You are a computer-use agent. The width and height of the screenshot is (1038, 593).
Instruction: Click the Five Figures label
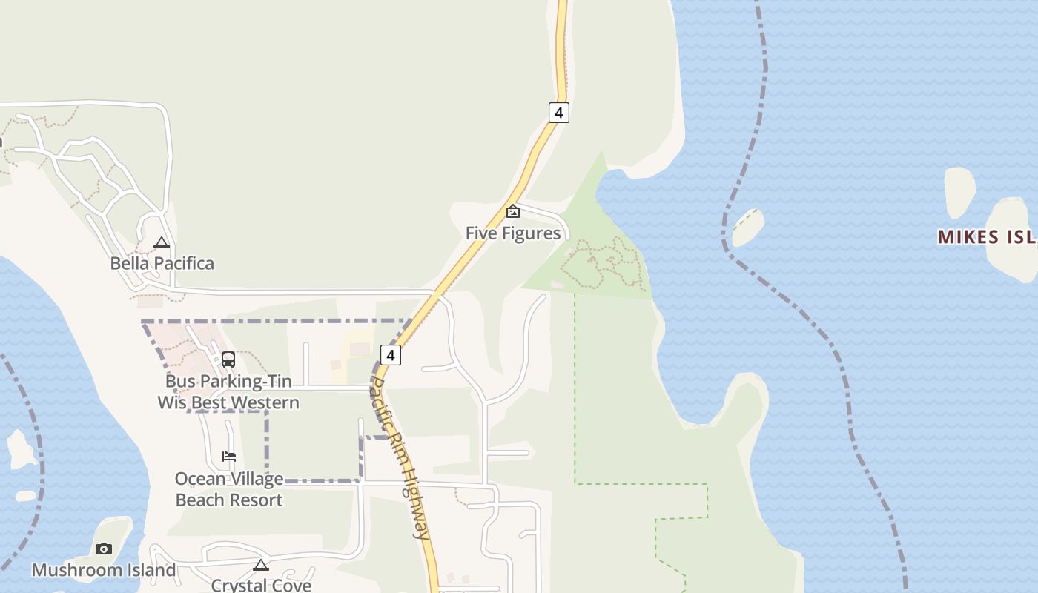(x=512, y=233)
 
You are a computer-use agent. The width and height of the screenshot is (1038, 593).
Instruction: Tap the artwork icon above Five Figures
(x=512, y=212)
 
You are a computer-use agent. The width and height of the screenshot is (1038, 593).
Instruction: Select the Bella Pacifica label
(x=162, y=263)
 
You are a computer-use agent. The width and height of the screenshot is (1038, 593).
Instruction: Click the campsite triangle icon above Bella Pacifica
(x=162, y=242)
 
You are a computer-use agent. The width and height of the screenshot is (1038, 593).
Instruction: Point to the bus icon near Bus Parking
(x=228, y=360)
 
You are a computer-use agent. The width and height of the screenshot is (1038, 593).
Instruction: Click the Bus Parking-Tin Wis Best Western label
(x=228, y=392)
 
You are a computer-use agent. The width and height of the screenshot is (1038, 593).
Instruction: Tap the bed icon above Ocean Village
(x=229, y=456)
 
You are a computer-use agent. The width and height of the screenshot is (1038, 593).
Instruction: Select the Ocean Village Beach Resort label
(x=229, y=489)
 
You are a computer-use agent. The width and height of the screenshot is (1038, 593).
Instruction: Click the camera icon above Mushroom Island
(x=104, y=549)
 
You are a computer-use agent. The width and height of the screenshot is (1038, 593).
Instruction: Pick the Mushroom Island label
(x=104, y=570)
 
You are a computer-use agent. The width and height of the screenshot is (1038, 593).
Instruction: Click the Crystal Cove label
(x=261, y=585)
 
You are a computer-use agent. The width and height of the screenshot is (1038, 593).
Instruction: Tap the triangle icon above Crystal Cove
(x=261, y=565)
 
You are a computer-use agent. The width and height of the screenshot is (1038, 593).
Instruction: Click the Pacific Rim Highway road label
(x=400, y=458)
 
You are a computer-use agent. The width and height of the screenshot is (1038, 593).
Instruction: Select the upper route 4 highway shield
(x=559, y=113)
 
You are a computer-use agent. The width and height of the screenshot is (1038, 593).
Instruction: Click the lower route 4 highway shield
(x=391, y=354)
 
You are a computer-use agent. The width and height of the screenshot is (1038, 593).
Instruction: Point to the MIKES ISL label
(x=987, y=237)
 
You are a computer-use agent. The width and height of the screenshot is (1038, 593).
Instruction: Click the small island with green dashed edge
(x=747, y=228)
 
